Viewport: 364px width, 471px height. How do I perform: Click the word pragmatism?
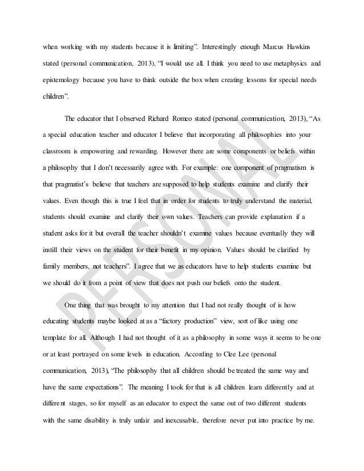(286, 169)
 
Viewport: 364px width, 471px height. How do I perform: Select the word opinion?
(205, 250)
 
